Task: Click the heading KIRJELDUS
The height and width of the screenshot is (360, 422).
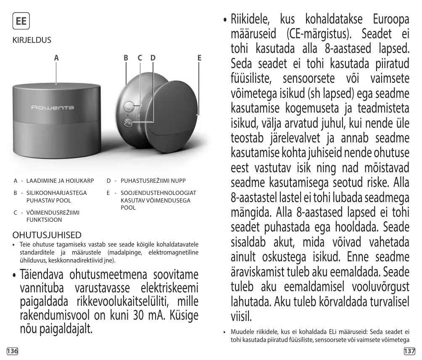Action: [32, 40]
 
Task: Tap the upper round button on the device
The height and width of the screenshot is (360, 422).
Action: [129, 105]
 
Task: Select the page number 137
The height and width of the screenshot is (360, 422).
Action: [409, 351]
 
